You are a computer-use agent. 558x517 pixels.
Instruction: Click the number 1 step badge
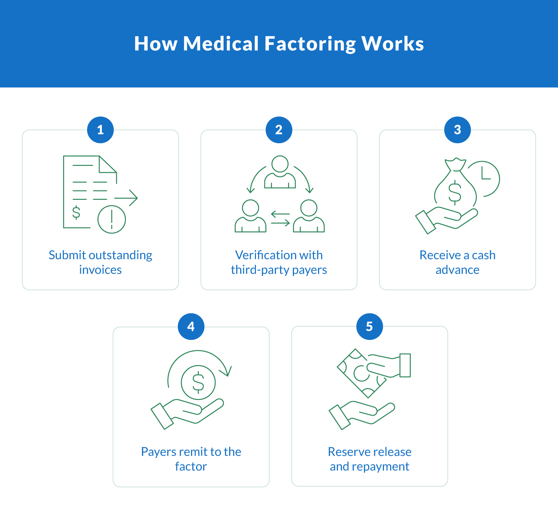(x=100, y=130)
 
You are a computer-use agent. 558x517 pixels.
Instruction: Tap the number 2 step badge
(x=279, y=130)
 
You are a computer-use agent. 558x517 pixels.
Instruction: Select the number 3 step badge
(x=458, y=130)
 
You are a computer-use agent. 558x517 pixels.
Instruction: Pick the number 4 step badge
(x=191, y=327)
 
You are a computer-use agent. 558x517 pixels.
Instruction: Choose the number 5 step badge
(x=370, y=327)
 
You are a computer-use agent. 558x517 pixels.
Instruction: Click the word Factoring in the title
(x=310, y=44)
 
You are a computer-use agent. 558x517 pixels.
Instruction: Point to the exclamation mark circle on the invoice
(x=112, y=219)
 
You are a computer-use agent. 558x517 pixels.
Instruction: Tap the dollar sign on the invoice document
(x=76, y=212)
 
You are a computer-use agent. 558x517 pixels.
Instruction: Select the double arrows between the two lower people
(x=280, y=218)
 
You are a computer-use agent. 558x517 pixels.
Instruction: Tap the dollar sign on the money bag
(x=455, y=192)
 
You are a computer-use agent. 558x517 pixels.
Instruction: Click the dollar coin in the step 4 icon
(x=198, y=382)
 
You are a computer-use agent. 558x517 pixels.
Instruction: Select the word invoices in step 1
(x=100, y=270)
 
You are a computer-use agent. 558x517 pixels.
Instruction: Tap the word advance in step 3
(x=458, y=270)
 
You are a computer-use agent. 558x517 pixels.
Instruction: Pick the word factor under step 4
(x=191, y=466)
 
